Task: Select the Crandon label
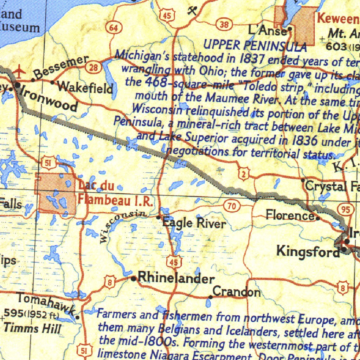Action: [237, 292]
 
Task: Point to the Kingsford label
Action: [308, 251]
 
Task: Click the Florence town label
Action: [290, 214]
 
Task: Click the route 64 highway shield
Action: [114, 28]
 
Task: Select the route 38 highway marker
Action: [224, 25]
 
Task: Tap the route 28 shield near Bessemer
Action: [94, 68]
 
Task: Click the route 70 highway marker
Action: [232, 206]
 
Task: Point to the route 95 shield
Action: [345, 210]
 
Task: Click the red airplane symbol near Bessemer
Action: [19, 72]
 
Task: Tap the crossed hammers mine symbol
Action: [192, 11]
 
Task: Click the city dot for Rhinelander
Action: [133, 279]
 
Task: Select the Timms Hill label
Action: [32, 328]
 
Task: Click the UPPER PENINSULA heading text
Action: [255, 45]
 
